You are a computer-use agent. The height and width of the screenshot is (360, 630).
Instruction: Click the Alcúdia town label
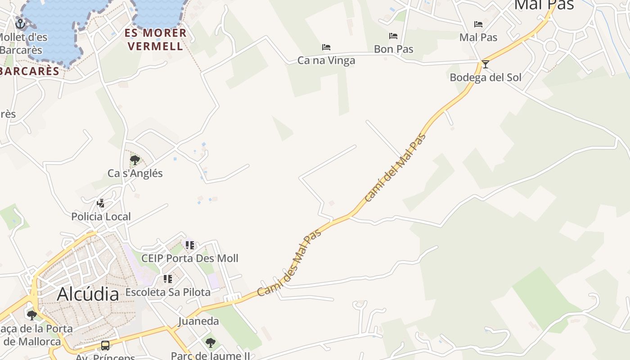[x=88, y=294]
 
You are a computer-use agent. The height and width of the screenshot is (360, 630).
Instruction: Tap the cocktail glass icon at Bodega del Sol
[x=485, y=64]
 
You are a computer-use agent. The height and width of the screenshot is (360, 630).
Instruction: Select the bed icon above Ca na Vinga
[x=326, y=47]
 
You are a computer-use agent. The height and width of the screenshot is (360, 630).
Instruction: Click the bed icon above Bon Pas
[x=393, y=36]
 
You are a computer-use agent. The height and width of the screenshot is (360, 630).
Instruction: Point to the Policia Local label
[x=101, y=216]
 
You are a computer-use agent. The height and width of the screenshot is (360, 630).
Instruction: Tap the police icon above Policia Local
[x=101, y=203]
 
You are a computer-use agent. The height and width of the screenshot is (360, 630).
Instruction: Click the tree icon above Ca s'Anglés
[x=135, y=160]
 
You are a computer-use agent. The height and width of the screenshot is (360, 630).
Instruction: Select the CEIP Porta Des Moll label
[x=189, y=258]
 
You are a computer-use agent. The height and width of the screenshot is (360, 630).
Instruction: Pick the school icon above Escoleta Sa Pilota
[x=168, y=279]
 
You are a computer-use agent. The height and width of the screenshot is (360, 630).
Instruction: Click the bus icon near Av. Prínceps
[x=105, y=346]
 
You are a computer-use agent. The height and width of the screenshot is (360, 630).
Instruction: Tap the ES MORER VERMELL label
[x=155, y=40]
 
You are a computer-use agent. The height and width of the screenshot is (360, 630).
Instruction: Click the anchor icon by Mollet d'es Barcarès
[x=20, y=23]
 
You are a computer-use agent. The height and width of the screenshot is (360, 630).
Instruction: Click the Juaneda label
[x=198, y=321]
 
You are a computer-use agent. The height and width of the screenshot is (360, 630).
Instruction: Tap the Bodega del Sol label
[x=486, y=77]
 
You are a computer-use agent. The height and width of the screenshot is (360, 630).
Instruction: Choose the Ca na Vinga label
[x=326, y=60]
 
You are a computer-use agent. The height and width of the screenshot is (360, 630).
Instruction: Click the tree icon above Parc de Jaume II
[x=210, y=343]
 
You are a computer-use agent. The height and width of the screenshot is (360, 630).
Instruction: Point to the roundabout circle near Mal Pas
[x=551, y=46]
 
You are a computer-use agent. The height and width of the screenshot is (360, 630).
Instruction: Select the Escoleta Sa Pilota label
[x=168, y=292]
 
